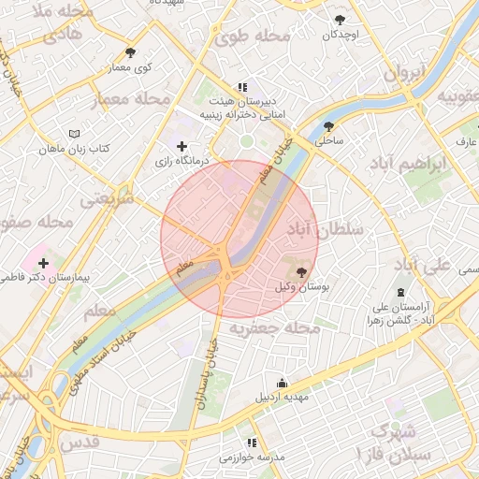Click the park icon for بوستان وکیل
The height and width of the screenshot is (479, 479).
299,271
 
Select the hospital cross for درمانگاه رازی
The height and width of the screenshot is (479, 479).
181,146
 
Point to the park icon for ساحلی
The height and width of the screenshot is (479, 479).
328,126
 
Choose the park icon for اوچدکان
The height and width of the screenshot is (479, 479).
340,20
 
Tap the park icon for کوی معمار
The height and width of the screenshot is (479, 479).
130,52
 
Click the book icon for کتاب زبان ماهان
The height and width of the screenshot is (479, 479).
75,134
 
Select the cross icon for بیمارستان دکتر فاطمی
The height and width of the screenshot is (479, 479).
43,263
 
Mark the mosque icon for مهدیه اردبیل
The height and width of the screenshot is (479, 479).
283,383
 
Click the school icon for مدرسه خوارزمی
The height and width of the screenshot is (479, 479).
251,443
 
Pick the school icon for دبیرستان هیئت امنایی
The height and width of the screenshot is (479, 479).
243,86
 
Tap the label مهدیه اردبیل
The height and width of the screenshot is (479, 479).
283,397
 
